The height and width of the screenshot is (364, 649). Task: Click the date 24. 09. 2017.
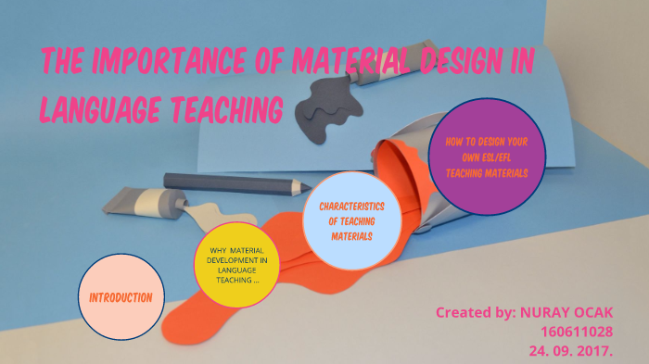point(576,351)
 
